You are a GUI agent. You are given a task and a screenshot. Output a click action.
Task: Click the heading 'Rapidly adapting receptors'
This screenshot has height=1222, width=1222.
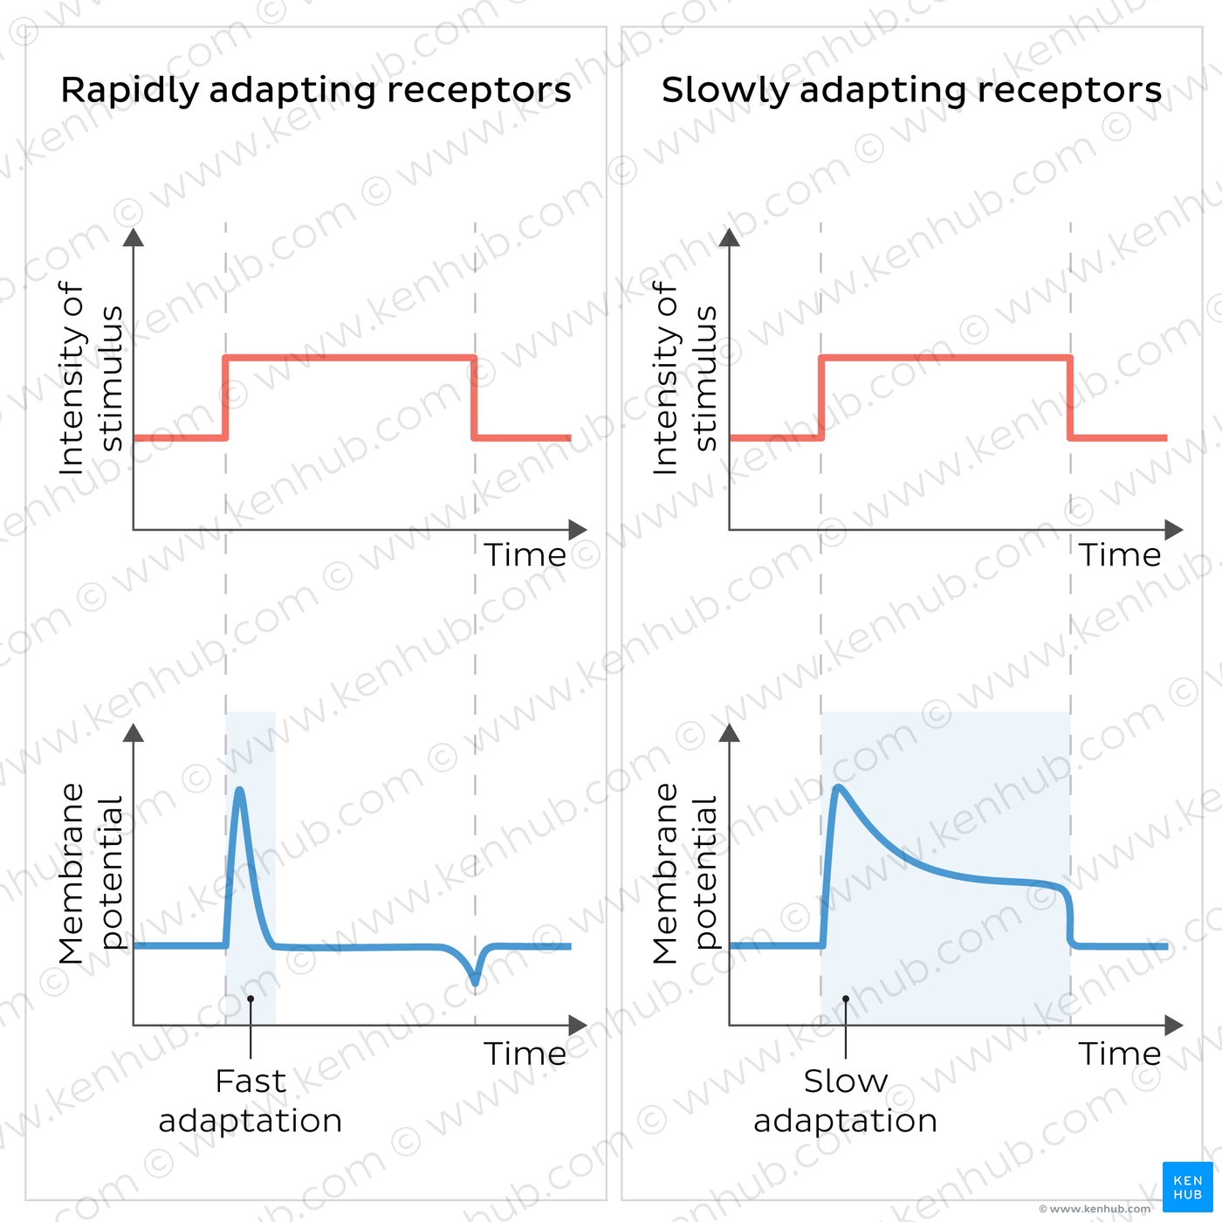point(315,90)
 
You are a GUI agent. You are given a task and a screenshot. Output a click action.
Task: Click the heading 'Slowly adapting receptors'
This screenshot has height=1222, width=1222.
point(911,90)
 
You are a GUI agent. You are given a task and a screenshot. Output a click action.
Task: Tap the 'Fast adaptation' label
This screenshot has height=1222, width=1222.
point(251,1101)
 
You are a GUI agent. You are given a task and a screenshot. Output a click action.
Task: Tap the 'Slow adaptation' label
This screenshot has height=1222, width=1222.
point(845,1101)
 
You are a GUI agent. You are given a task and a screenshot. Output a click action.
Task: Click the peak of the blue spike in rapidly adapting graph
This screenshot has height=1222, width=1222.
point(239,791)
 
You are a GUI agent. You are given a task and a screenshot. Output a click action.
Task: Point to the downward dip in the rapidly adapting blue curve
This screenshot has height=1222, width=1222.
point(475,981)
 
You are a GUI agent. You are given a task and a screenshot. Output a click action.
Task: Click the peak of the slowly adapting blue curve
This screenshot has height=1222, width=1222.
point(838,788)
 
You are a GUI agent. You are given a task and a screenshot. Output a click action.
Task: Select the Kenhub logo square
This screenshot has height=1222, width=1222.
point(1187,1187)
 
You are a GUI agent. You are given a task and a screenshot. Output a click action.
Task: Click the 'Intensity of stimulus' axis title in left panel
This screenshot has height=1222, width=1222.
point(89,378)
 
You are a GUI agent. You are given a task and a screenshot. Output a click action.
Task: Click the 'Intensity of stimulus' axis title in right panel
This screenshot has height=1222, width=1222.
point(684,378)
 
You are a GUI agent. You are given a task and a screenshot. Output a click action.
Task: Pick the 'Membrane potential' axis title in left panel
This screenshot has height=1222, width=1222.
point(89,873)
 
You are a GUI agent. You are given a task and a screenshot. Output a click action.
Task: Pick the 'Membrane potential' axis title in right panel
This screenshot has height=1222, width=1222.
point(684,873)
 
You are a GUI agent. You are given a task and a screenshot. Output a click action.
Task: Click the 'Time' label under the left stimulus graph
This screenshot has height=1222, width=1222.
point(525,555)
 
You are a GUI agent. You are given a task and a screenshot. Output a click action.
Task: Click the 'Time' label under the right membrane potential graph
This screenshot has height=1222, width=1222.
point(1120,1054)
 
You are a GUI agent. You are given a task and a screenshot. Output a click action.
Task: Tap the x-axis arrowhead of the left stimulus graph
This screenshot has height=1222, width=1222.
point(578,530)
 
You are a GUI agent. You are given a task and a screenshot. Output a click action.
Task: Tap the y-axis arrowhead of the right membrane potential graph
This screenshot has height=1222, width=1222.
point(730,733)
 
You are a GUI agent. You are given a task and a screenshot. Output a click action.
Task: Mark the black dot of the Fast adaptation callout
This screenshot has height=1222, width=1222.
point(251,999)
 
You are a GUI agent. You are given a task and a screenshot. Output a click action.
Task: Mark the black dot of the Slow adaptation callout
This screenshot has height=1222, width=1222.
point(846,999)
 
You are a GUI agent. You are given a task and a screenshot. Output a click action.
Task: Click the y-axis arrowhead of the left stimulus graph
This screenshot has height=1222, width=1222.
point(134,237)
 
